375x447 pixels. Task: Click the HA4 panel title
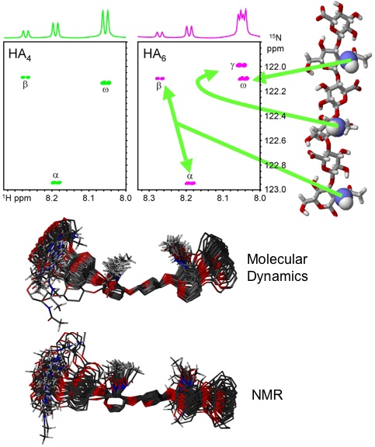[x=19, y=54]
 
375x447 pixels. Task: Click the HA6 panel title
[x=155, y=54]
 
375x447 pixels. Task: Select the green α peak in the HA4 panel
[x=56, y=182]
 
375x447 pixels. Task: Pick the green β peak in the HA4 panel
[x=26, y=78]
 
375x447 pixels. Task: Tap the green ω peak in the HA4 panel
[x=106, y=83]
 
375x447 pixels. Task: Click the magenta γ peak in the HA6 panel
[x=241, y=65]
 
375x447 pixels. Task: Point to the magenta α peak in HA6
[x=190, y=183]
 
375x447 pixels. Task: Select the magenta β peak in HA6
[x=160, y=78]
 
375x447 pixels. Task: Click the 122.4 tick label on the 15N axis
[x=275, y=116]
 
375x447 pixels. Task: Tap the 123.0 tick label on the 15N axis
[x=275, y=189]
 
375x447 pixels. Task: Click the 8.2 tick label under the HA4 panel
[x=53, y=198]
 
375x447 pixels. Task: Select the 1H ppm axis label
[x=17, y=198]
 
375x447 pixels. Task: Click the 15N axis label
[x=276, y=43]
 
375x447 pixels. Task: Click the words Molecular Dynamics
[x=277, y=268]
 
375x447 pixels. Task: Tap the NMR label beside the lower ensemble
[x=267, y=395]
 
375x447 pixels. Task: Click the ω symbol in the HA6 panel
[x=243, y=85]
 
